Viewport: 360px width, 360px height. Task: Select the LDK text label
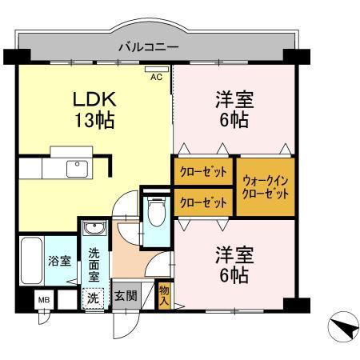[x=96, y=101]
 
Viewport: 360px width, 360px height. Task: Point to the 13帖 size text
[x=95, y=122]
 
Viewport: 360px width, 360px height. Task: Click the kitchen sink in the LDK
[x=78, y=169]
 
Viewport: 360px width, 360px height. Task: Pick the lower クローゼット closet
[x=202, y=202]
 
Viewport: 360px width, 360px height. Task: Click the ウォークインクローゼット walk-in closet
[x=265, y=187]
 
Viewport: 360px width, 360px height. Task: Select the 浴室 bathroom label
[x=59, y=262]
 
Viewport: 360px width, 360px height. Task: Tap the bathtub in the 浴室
[x=31, y=261]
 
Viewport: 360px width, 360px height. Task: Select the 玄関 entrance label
[x=126, y=297]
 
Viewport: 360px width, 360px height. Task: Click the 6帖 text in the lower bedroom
[x=234, y=277]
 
